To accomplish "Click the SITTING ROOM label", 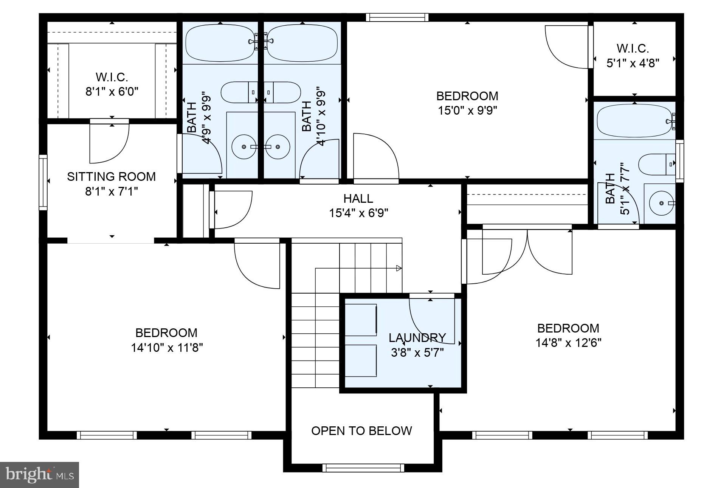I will [x=111, y=177].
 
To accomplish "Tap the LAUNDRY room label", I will [x=417, y=337].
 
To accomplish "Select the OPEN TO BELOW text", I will [x=361, y=431].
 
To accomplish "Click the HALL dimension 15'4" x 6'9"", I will [x=358, y=213].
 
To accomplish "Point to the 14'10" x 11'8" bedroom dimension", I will [x=167, y=348].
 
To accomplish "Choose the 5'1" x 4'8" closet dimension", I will [x=633, y=63].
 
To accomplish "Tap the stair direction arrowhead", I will [x=399, y=268].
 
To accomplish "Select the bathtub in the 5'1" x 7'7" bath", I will [x=633, y=121].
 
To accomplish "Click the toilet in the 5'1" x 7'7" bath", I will [x=656, y=164].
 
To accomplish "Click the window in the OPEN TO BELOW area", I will [x=363, y=468].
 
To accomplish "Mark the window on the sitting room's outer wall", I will [x=43, y=182].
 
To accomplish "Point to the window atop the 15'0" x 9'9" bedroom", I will [x=397, y=17].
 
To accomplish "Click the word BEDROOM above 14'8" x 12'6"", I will [x=568, y=328].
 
